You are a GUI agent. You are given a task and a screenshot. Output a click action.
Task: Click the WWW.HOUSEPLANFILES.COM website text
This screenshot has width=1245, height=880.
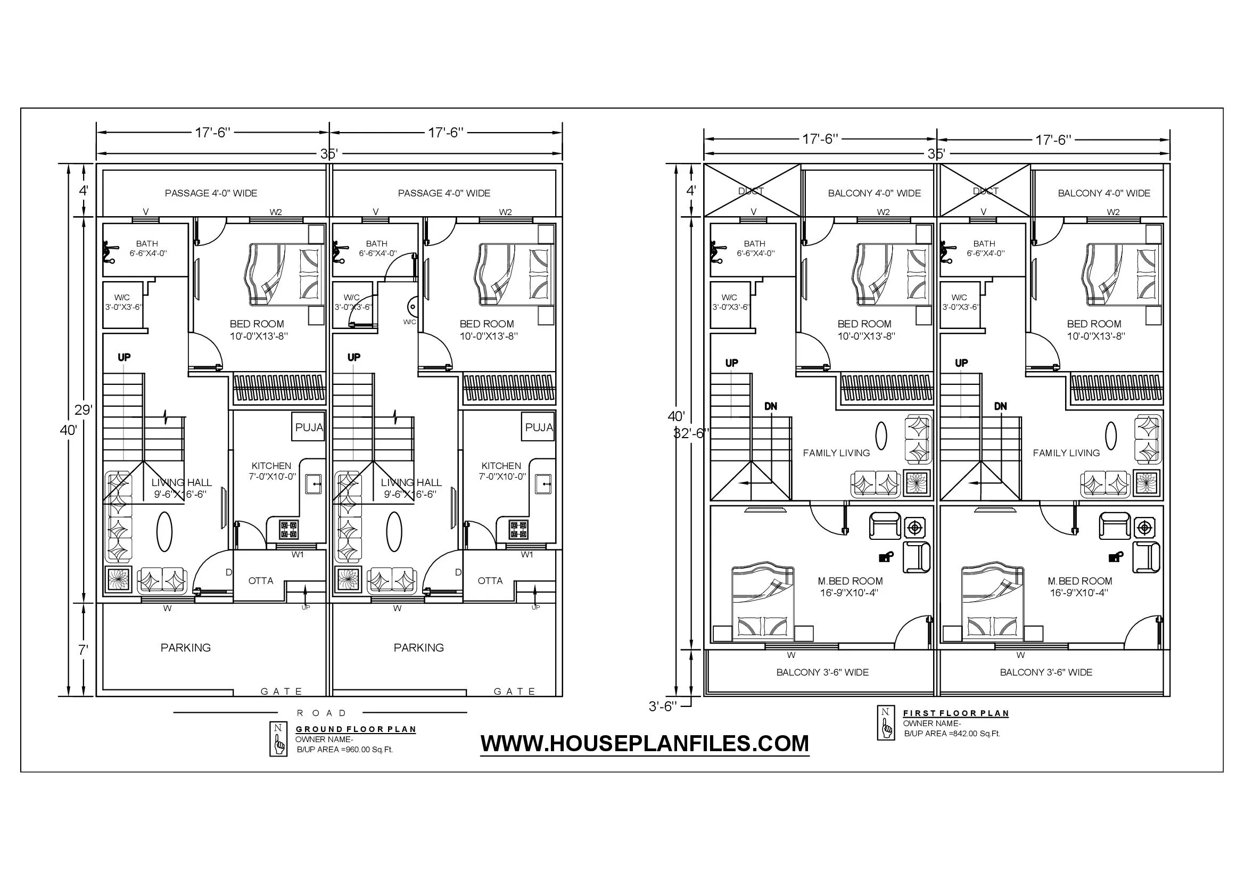[645, 743]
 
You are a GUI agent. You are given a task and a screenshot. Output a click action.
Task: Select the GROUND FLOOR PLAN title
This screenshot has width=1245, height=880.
[356, 729]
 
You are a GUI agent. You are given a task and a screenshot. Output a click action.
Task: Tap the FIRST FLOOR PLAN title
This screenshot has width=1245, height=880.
[956, 713]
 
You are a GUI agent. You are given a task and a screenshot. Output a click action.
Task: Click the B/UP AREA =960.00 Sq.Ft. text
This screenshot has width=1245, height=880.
[344, 750]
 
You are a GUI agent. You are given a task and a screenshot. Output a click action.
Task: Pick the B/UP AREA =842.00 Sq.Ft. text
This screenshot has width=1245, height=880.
[952, 734]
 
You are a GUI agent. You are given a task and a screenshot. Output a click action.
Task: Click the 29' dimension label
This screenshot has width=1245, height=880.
[83, 410]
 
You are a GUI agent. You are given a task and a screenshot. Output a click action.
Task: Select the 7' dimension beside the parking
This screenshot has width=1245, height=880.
[83, 650]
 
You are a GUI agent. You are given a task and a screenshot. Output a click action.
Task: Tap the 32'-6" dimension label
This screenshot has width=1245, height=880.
[691, 433]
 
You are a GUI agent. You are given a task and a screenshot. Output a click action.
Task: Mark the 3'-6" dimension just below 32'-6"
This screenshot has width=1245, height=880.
[663, 707]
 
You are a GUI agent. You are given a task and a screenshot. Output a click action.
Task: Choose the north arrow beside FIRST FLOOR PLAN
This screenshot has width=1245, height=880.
[886, 723]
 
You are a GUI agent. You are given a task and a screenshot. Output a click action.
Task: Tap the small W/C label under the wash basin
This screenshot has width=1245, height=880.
[410, 322]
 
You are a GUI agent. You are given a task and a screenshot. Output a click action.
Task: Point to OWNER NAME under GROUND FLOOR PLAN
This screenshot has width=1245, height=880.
[324, 739]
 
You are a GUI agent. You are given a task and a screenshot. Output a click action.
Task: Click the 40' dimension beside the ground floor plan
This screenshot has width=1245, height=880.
[68, 431]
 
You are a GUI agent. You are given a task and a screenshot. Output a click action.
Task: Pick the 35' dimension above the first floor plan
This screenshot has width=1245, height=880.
[936, 153]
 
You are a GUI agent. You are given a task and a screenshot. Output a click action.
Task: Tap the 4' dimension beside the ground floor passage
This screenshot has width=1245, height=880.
[84, 190]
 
